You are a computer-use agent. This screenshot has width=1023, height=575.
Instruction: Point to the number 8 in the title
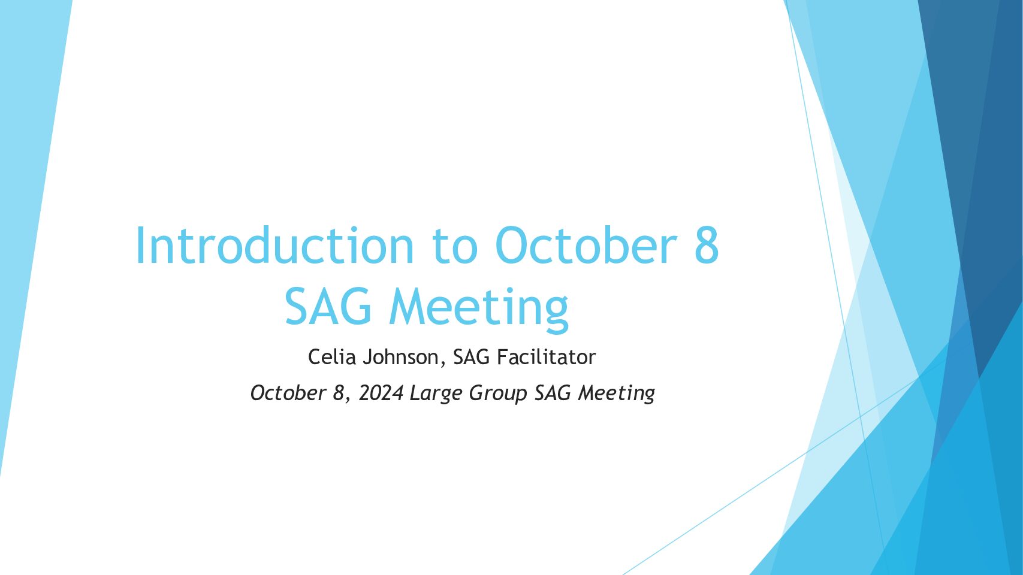[707, 245]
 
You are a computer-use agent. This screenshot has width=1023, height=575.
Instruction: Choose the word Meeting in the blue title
[479, 310]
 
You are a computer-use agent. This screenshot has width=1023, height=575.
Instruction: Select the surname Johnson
[400, 356]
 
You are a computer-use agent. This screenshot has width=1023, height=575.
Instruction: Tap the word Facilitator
[546, 356]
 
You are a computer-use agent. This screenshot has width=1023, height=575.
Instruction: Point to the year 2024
[381, 393]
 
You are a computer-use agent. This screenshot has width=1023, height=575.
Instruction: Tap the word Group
[498, 394]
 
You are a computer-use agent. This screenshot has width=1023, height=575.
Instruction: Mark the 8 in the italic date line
[339, 393]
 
